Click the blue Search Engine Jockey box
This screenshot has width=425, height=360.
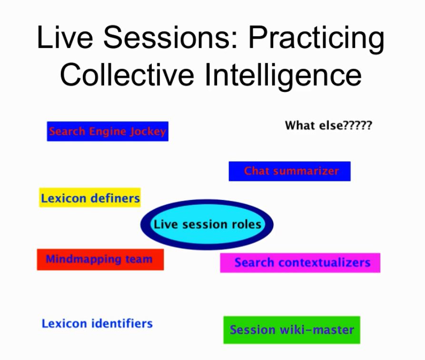tap(108, 131)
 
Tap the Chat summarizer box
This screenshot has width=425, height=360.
tap(289, 171)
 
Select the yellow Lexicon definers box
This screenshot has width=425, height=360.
tap(90, 198)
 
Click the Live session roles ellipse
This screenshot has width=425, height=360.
tap(207, 225)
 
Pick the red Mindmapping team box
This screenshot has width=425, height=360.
tap(100, 260)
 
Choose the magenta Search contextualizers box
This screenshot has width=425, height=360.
tap(300, 262)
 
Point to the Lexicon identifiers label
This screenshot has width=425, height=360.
tap(97, 323)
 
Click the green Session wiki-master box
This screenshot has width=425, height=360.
tap(292, 330)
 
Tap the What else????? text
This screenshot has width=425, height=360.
tap(328, 125)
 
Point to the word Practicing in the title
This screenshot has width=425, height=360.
tap(316, 40)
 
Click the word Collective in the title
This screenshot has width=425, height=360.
tap(127, 74)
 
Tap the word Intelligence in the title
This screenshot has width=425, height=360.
tap(283, 76)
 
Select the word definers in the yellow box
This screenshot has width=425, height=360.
tap(115, 198)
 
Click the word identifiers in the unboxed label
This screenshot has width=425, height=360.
tap(122, 323)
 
